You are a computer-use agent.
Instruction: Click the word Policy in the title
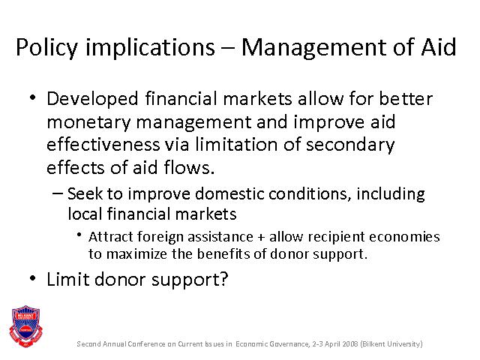pos(46,48)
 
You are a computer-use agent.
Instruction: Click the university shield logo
pos(25,326)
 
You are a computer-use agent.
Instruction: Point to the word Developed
pos(92,99)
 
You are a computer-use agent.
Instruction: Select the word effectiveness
pos(103,144)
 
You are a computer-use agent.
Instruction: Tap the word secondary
pos(350,145)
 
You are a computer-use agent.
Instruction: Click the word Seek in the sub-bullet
pos(85,193)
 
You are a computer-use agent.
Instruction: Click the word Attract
pos(111,237)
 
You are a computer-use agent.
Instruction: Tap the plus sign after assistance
pos(261,238)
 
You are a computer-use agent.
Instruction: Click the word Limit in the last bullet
pos(68,279)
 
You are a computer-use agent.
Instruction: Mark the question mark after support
pos(223,279)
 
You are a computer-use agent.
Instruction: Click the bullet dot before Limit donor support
pos(32,278)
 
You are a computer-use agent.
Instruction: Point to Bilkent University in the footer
pos(391,343)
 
